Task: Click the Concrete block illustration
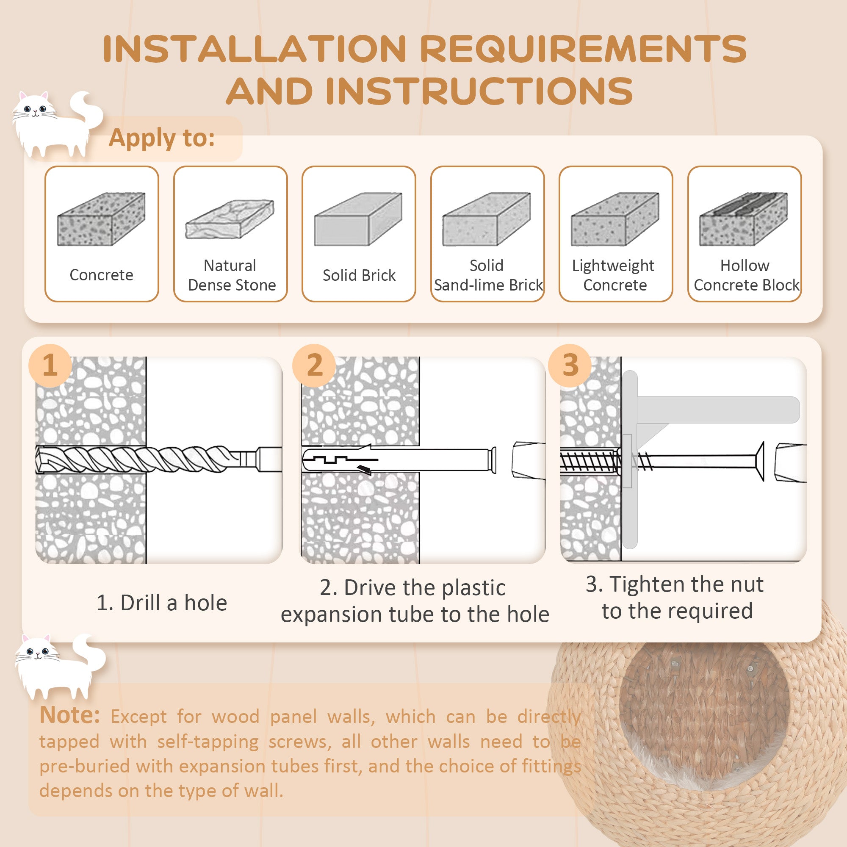(101, 219)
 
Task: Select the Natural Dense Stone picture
(230, 219)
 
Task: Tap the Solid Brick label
(359, 275)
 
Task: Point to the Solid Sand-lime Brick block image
(487, 219)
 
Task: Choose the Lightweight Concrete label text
(614, 275)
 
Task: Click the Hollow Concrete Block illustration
(744, 219)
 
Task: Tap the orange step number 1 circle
(50, 365)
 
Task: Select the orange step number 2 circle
(314, 365)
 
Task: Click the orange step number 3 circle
(570, 365)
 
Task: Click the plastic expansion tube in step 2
(399, 460)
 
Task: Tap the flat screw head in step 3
(760, 461)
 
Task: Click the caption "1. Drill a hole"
(162, 603)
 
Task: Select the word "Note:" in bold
(70, 715)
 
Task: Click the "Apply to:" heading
(162, 138)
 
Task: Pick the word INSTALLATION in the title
(254, 49)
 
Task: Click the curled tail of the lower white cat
(91, 653)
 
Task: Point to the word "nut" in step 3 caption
(746, 584)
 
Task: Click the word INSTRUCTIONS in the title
(479, 91)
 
